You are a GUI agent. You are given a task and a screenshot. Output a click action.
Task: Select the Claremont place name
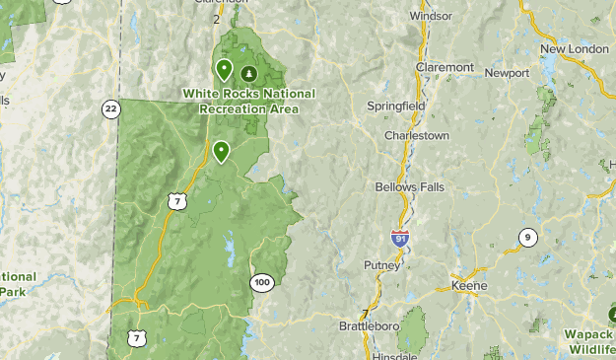(445, 67)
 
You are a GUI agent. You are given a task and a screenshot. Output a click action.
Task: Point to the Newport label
(507, 72)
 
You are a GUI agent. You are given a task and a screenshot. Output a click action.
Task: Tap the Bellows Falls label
(410, 186)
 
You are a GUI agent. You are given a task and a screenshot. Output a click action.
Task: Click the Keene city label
(468, 285)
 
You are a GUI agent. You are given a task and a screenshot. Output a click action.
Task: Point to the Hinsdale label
(397, 352)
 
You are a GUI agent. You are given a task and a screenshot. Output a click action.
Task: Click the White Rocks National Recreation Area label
(248, 101)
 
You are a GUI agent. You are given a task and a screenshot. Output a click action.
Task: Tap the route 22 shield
(109, 108)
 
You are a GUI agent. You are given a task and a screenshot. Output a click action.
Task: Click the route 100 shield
(261, 283)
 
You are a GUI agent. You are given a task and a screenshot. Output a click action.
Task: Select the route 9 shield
(528, 237)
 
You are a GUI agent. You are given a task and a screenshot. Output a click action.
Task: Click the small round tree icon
(248, 73)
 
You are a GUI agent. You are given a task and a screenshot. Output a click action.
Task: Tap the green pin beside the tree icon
(224, 70)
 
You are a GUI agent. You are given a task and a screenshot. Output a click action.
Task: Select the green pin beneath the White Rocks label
(221, 151)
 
